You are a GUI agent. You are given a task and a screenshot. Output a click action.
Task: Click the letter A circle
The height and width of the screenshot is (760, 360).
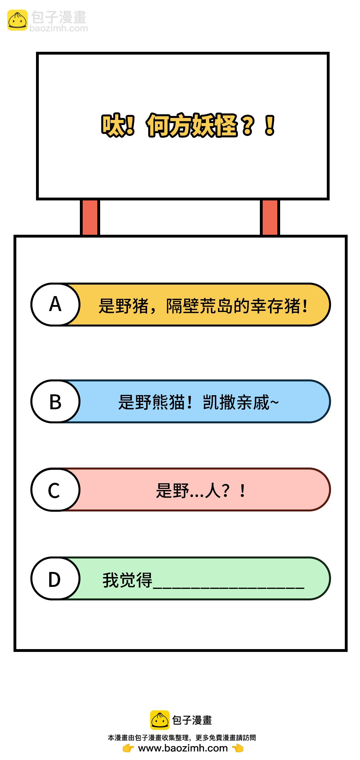[x=55, y=304]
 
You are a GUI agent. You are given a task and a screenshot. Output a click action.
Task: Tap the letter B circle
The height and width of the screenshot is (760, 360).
[x=55, y=401]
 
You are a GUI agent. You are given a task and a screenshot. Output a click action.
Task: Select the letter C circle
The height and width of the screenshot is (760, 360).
[x=55, y=489]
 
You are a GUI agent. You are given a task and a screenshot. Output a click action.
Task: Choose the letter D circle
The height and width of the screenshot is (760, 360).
[x=55, y=578]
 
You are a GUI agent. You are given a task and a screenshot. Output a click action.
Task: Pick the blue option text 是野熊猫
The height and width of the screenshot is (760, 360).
[x=198, y=402]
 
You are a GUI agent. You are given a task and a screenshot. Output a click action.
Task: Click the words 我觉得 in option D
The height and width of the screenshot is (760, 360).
[x=127, y=580]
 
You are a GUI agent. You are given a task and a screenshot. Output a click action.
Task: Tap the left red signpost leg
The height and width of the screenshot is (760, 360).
[x=90, y=217]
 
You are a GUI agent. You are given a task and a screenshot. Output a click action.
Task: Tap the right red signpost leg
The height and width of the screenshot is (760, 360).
[x=270, y=217]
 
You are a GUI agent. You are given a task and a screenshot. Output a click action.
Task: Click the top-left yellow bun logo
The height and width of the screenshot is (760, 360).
[x=17, y=20]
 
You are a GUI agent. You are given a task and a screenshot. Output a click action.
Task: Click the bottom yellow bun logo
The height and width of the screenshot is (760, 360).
[x=159, y=720]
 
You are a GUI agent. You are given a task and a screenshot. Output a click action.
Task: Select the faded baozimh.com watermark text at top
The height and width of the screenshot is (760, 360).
[x=59, y=28]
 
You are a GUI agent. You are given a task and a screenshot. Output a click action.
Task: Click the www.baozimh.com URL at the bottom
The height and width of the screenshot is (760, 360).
[x=183, y=748]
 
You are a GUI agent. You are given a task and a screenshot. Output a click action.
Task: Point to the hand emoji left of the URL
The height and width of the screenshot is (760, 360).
[x=128, y=748]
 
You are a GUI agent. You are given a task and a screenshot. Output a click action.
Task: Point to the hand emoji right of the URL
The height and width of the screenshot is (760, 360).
[x=238, y=748]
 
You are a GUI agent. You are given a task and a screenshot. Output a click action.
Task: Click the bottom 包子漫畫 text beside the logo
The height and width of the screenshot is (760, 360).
[x=192, y=720]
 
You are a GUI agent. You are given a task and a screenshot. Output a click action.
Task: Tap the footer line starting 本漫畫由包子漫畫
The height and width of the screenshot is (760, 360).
[x=182, y=737]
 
